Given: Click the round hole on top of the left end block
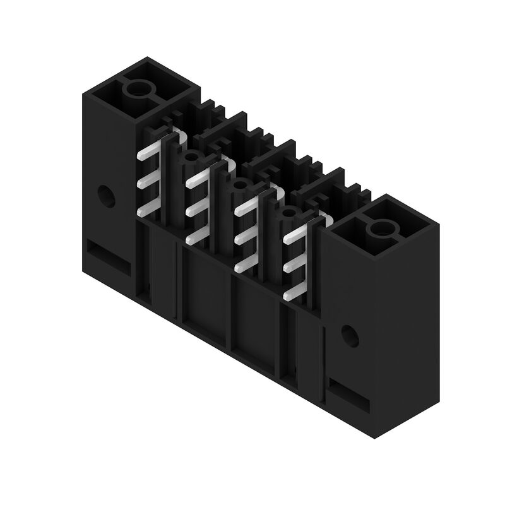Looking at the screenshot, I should click(x=136, y=89).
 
